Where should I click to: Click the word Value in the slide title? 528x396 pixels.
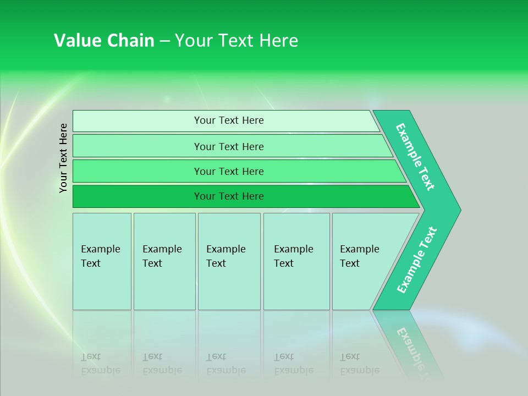tap(76, 41)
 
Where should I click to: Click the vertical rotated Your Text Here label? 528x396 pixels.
tap(64, 158)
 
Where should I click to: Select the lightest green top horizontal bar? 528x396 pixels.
tap(228, 120)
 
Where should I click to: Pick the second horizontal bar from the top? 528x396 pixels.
tap(228, 146)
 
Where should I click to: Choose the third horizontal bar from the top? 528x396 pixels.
tap(228, 171)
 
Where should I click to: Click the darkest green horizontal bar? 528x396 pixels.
tap(228, 196)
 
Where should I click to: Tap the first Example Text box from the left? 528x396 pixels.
tap(102, 261)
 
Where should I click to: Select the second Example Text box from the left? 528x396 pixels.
tap(164, 261)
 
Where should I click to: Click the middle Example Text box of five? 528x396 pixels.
tap(229, 261)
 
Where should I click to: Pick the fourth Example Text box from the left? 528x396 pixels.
tap(296, 261)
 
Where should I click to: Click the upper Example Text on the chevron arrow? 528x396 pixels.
tap(415, 157)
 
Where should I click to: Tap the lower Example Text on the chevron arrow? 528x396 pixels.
tap(417, 260)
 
